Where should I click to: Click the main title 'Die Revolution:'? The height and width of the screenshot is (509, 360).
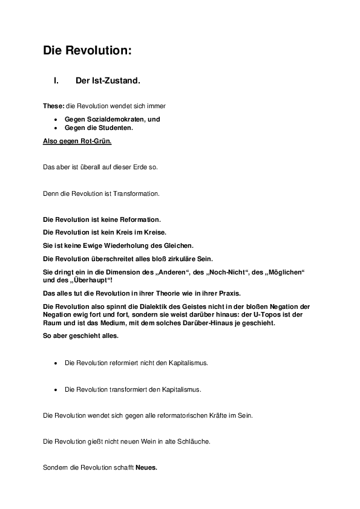tap(87, 51)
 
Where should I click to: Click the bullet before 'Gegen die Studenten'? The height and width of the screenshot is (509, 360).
tap(56, 128)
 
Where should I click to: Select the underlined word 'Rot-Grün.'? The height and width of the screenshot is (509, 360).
tap(96, 141)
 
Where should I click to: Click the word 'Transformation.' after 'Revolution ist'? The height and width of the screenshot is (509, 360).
tap(134, 193)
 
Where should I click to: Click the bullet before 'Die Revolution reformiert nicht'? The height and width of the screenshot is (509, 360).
tap(56, 363)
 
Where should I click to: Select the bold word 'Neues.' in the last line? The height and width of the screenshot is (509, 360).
tap(146, 468)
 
